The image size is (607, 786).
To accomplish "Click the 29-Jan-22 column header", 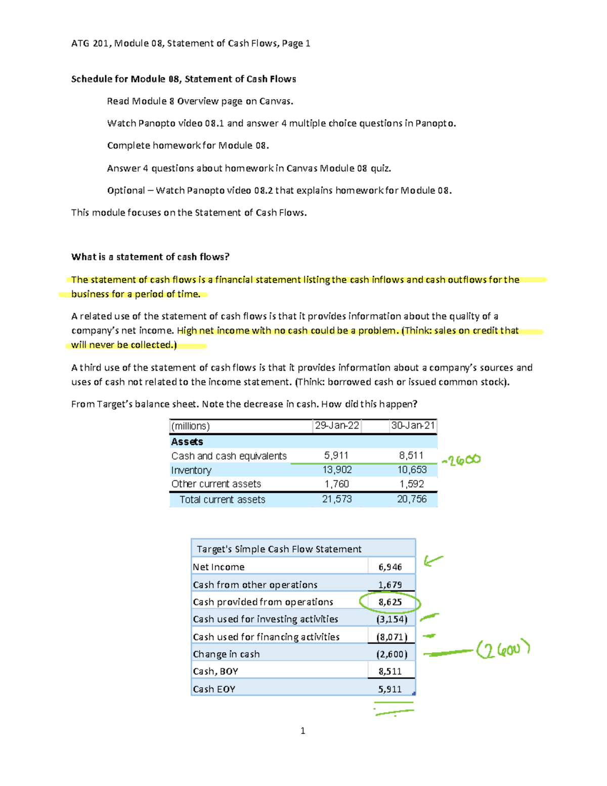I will (x=337, y=426).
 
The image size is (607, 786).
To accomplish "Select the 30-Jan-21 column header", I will (x=413, y=426).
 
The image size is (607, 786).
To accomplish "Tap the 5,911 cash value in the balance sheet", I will (x=336, y=456).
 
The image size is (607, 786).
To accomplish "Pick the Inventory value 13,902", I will (x=337, y=470).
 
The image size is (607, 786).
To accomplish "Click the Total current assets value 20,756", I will (x=412, y=499).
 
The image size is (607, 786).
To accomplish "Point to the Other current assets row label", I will (x=216, y=484).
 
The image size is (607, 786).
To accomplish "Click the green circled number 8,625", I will (x=390, y=602).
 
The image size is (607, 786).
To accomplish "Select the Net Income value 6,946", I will (x=390, y=567).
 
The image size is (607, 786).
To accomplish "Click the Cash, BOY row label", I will (x=215, y=671).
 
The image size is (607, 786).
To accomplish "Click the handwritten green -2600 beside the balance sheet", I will (x=461, y=460).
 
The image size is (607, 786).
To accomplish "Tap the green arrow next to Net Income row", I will (x=433, y=560).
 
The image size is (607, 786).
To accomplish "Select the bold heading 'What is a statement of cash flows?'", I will (x=150, y=257).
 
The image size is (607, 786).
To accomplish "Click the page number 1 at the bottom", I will (x=302, y=730).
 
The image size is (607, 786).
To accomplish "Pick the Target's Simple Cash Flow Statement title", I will (x=279, y=549).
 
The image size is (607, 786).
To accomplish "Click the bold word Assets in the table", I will (x=187, y=441).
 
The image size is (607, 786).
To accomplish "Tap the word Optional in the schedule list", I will (x=126, y=190).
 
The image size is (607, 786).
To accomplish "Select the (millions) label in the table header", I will (x=190, y=426).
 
